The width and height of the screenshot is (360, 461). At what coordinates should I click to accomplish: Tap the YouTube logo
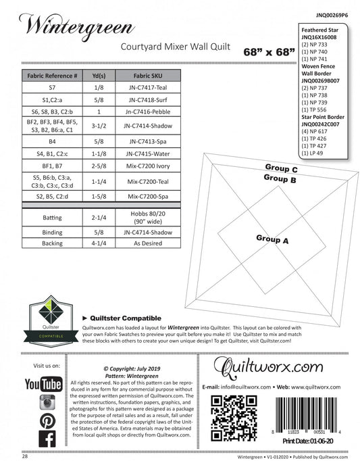[x=43, y=385]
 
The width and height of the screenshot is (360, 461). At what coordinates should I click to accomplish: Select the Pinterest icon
[x=47, y=420]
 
